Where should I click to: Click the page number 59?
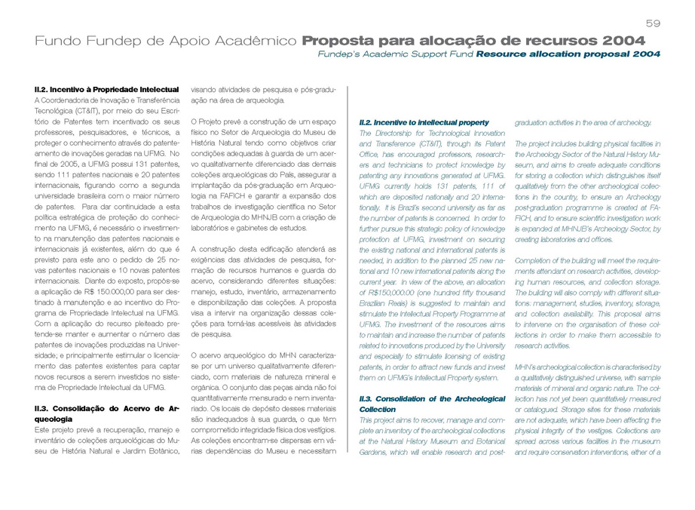tap(653, 23)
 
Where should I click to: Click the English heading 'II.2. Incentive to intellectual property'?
tap(424, 122)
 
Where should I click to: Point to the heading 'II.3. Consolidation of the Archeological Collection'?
tap(431, 403)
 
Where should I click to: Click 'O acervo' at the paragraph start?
tap(208, 355)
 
